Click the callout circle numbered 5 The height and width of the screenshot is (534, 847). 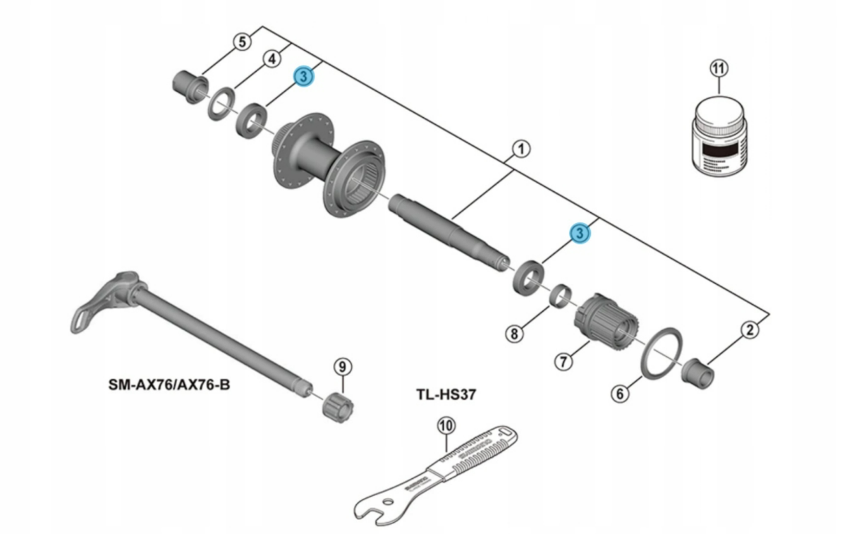tap(242, 42)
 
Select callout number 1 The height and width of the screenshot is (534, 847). tap(520, 149)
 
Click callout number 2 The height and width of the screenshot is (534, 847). tap(749, 328)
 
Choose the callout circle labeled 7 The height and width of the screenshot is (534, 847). tap(562, 362)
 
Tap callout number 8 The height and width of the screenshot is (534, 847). tap(515, 333)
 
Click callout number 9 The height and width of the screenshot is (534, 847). tap(342, 366)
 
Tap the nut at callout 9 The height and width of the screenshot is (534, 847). tap(336, 407)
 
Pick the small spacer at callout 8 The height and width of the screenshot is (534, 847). tap(562, 294)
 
